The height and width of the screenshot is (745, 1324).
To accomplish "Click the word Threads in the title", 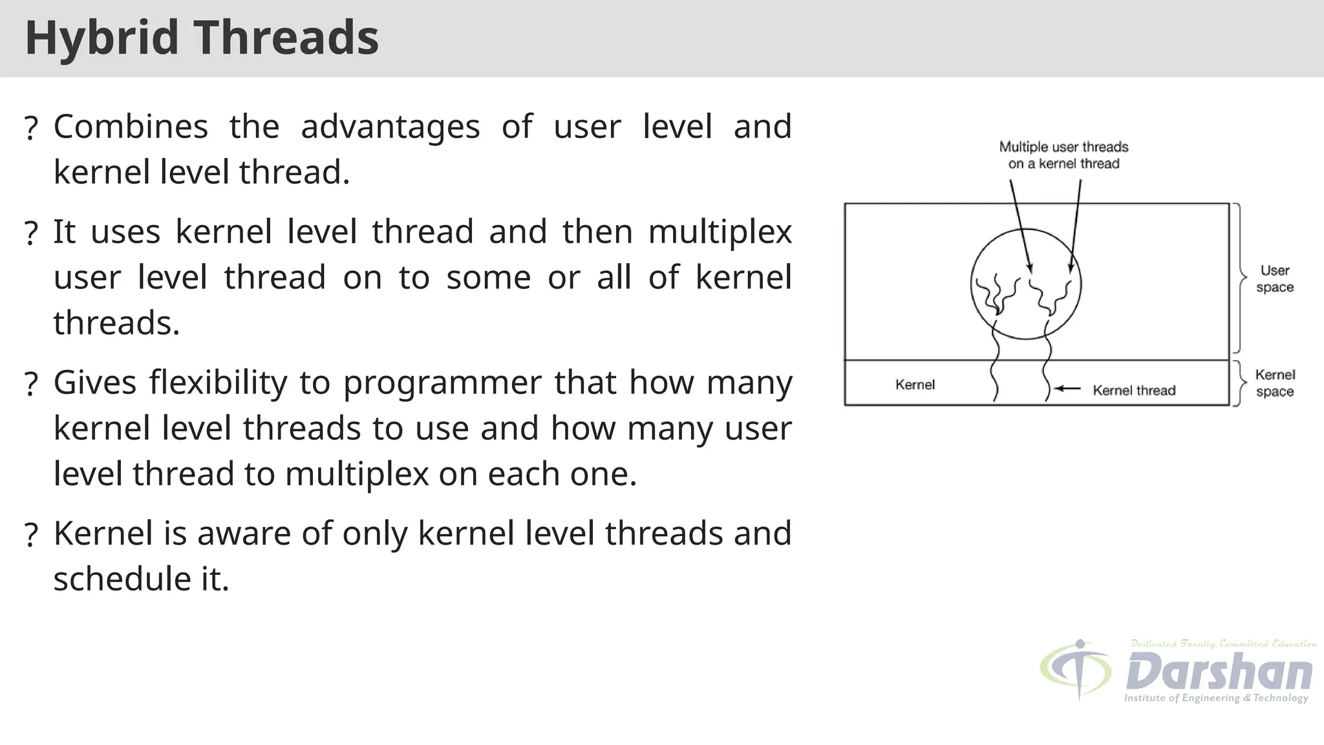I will [x=286, y=38].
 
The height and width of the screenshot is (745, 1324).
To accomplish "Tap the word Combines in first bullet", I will [x=131, y=127].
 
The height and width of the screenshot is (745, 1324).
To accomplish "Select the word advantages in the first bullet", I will [x=390, y=127].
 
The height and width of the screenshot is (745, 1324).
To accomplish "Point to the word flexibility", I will [x=218, y=382].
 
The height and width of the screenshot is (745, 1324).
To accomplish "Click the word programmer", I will [x=442, y=383].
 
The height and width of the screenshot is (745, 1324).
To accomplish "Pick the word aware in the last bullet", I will [x=243, y=534].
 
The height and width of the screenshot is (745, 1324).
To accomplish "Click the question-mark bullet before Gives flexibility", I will [x=30, y=385].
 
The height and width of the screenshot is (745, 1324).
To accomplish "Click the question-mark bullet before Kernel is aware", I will [x=30, y=536].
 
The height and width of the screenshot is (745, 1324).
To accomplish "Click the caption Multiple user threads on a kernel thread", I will [x=1063, y=155].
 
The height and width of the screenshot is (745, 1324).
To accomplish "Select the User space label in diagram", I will [x=1274, y=279].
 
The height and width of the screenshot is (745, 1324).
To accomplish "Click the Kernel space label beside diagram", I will [x=1274, y=383].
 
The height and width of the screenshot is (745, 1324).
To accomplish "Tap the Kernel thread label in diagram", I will [x=1134, y=391].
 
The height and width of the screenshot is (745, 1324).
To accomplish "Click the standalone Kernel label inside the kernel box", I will [x=915, y=385].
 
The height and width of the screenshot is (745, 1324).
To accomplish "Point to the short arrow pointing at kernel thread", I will [x=1067, y=389].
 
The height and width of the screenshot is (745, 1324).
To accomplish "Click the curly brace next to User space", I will [x=1239, y=278].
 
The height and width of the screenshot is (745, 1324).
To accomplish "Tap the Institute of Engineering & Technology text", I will [x=1215, y=698].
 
